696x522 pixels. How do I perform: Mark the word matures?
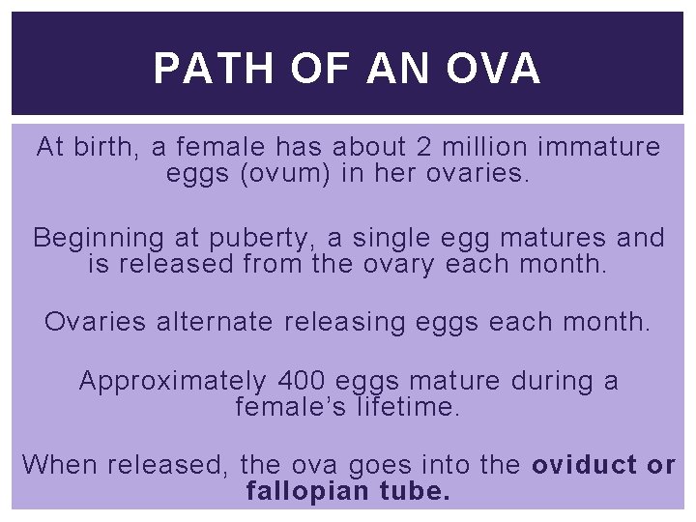(552, 238)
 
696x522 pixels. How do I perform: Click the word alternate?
(207, 322)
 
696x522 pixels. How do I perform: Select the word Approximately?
(172, 382)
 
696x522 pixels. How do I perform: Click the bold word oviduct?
(584, 465)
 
